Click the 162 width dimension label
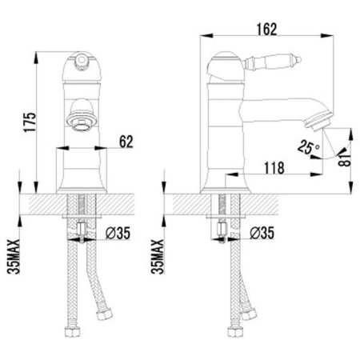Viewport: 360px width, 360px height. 267,29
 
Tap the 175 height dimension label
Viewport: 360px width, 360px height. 30,122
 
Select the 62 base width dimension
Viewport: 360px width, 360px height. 126,142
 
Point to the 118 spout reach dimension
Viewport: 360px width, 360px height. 274,168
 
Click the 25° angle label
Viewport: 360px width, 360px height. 308,147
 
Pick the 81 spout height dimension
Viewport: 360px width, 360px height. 345,159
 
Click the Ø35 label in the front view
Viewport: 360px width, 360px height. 118,233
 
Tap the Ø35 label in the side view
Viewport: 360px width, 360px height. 262,233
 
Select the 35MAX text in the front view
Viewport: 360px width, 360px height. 14,257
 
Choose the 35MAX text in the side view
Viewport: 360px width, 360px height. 158,257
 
